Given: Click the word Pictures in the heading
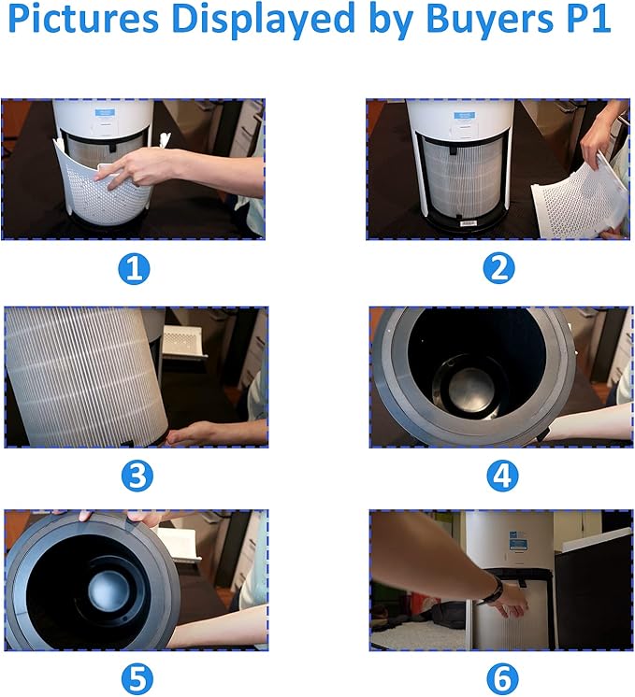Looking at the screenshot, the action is [83, 19].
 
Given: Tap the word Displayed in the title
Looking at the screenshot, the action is [263, 21].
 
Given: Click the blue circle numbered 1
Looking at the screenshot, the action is [134, 269].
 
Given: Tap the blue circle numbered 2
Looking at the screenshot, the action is [498, 268].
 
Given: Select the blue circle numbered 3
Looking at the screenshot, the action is [137, 477].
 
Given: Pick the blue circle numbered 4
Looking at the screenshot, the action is [502, 477].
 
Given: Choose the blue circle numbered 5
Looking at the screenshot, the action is [137, 678].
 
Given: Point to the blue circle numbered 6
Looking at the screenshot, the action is [502, 678].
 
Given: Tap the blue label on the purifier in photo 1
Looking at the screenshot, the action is [105, 112].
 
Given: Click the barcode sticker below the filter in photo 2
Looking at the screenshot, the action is [469, 222].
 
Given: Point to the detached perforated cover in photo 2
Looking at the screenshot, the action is [581, 198].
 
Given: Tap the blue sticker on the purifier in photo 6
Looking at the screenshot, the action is [518, 541].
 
